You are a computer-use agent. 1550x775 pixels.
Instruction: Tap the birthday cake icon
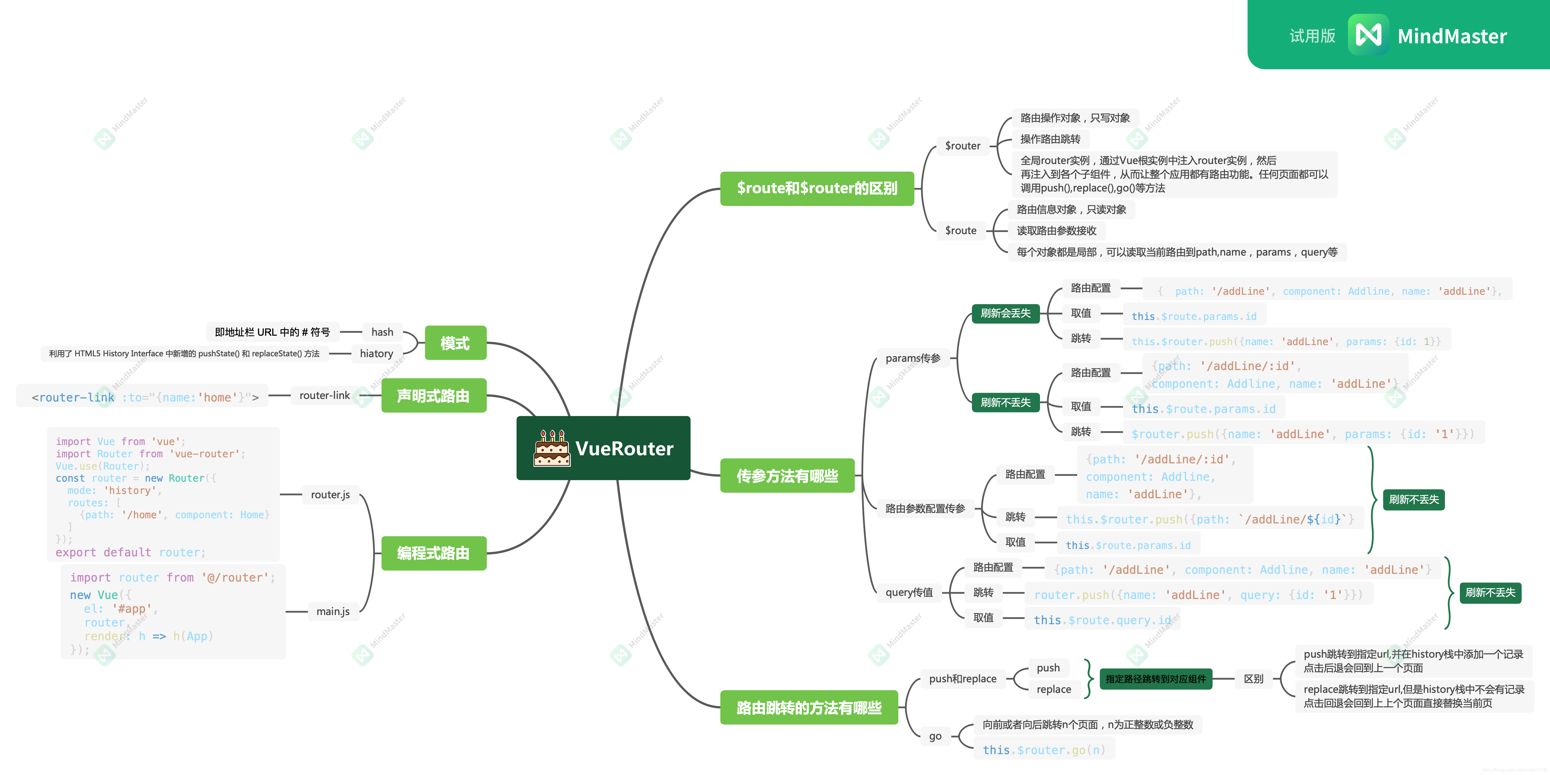pos(551,448)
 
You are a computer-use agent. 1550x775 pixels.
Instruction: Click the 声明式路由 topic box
pos(433,395)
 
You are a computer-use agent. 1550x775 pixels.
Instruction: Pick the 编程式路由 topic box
pos(433,553)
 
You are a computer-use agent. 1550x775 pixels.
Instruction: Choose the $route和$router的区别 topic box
pos(816,188)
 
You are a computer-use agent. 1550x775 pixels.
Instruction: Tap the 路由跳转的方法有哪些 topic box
pos(809,708)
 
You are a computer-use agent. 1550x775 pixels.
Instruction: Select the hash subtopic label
pos(382,332)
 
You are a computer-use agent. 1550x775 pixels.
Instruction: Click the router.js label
pos(330,495)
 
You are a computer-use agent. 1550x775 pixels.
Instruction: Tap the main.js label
pos(333,611)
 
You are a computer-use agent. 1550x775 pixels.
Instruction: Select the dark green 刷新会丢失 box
pos(1005,313)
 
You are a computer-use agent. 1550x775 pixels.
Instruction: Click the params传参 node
pos(913,358)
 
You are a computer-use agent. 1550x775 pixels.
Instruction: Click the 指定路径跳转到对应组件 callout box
pos(1155,679)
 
